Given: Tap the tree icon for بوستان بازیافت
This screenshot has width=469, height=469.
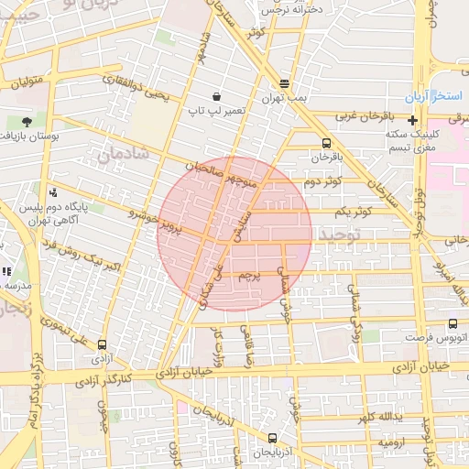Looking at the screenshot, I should pyautogui.click(x=27, y=121).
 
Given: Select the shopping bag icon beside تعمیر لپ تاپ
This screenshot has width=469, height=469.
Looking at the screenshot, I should pyautogui.click(x=216, y=96).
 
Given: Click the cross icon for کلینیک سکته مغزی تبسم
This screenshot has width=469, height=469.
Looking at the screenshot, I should pyautogui.click(x=413, y=120).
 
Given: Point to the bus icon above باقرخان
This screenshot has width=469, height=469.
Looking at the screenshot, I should pyautogui.click(x=327, y=143).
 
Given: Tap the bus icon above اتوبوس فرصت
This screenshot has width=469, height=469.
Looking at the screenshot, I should pyautogui.click(x=453, y=323).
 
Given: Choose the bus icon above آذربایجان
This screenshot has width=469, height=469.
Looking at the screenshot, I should pyautogui.click(x=272, y=438).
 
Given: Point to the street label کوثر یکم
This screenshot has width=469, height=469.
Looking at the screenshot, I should pyautogui.click(x=354, y=212).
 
